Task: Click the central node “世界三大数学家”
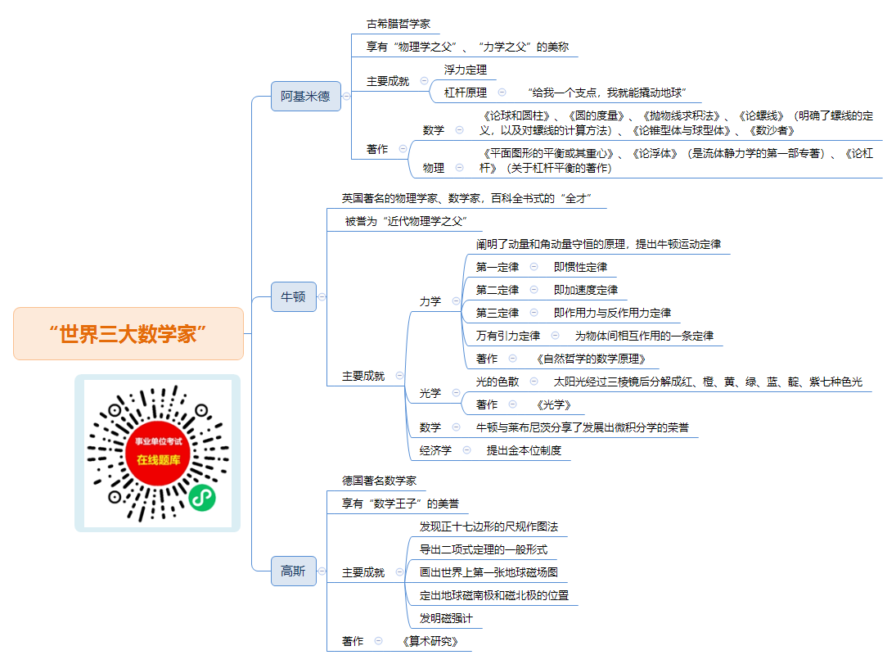coord(128,333)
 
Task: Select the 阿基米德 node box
coord(306,96)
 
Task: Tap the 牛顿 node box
coord(293,297)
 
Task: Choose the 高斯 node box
coord(293,571)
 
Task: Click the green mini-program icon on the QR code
coord(202,498)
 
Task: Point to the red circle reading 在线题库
coord(158,453)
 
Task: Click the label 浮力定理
coord(465,70)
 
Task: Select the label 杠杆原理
coord(465,93)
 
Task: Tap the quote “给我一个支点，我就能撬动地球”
coord(607,93)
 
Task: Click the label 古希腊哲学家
coord(398,24)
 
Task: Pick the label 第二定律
coord(498,290)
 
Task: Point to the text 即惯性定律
coord(580,267)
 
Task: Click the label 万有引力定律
coord(508,336)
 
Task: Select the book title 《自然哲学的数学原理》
coord(590,359)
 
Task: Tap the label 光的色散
coord(498,382)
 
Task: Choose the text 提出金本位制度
coord(524,450)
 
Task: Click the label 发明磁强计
coord(446,618)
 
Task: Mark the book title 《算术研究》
coord(430,641)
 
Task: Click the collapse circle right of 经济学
coord(467,450)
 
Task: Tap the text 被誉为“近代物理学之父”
coord(406,221)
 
